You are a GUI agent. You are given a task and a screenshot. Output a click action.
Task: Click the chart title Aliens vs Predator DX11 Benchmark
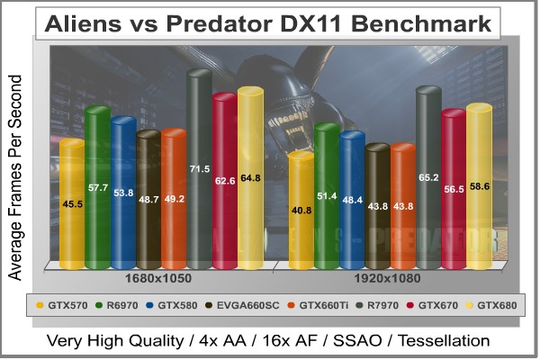[x=270, y=22]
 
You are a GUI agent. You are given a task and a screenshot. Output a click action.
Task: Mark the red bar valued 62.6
[x=225, y=179]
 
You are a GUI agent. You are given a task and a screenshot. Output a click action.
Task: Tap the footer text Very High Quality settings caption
[x=270, y=341]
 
